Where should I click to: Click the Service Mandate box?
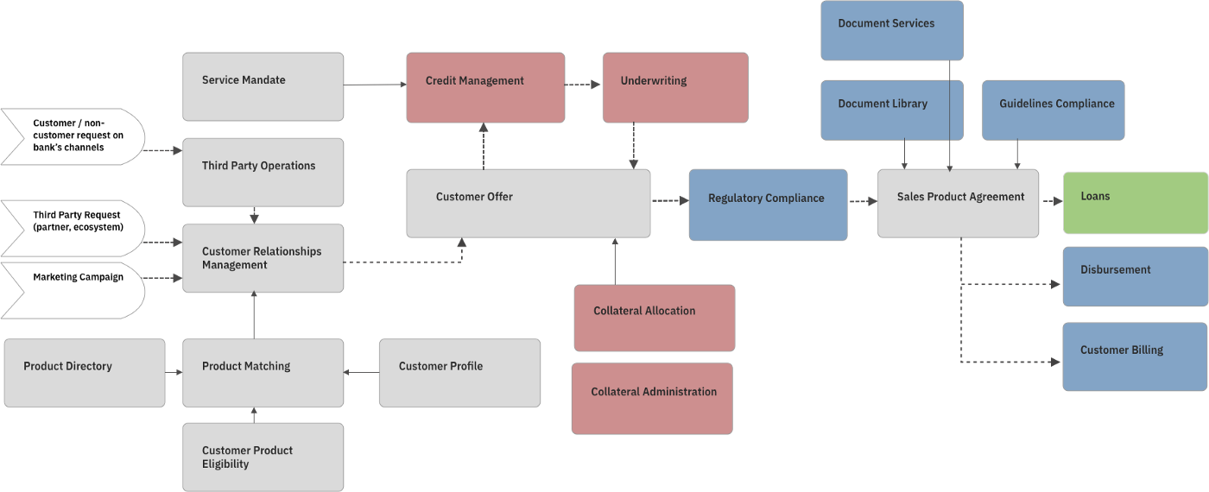tap(263, 86)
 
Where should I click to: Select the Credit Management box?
tap(485, 87)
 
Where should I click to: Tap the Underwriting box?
tap(674, 87)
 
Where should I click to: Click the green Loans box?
tap(1135, 202)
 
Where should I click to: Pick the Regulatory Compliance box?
tap(767, 205)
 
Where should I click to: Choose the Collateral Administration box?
tap(652, 398)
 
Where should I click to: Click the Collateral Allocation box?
tap(654, 318)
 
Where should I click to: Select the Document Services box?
tap(891, 30)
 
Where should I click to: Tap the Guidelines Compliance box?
tap(1053, 110)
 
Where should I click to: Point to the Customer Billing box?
tap(1135, 356)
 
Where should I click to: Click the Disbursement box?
tap(1135, 276)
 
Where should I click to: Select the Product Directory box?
tap(84, 372)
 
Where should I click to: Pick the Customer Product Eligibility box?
tap(263, 457)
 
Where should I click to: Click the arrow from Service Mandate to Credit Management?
tap(375, 84)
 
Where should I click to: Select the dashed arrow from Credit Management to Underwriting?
tap(583, 85)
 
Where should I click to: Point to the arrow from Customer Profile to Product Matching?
tap(361, 372)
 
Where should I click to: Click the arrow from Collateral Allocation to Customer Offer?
tap(615, 262)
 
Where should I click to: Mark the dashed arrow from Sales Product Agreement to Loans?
tap(1050, 201)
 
